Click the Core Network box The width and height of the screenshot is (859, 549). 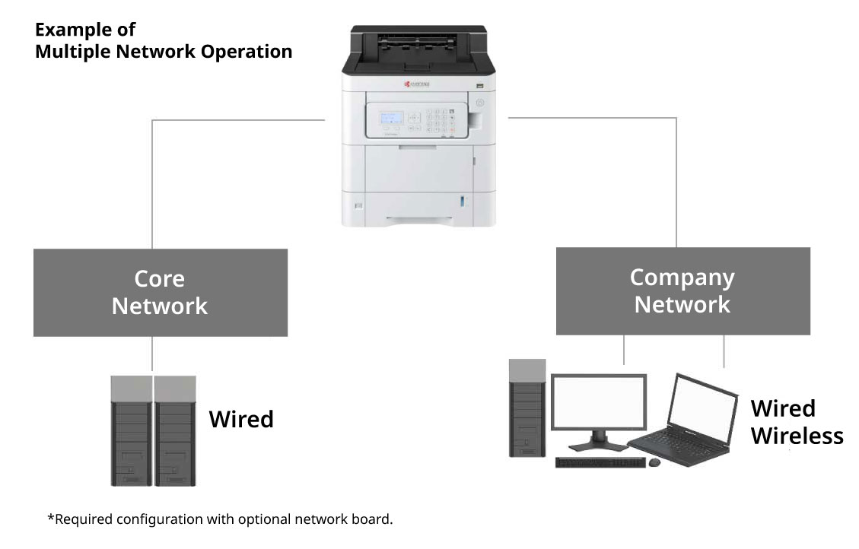(160, 292)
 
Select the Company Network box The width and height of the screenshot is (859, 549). (682, 290)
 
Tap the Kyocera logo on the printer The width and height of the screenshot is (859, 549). (417, 84)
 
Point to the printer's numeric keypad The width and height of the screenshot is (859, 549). (440, 122)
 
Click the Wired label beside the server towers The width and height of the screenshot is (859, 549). (241, 419)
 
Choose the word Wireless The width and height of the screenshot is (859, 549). (797, 436)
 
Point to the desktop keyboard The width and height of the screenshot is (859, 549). (600, 462)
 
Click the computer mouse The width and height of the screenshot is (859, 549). (654, 462)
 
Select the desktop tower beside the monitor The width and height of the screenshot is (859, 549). (527, 408)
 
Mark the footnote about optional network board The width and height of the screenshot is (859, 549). (220, 519)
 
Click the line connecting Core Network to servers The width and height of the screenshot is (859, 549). (153, 354)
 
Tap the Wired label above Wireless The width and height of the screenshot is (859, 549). (783, 408)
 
